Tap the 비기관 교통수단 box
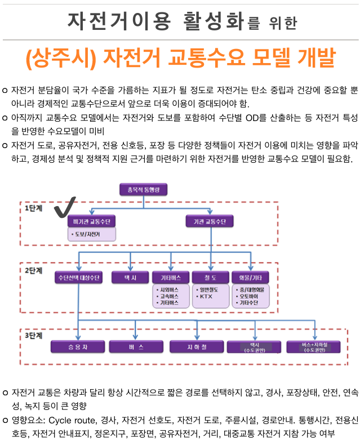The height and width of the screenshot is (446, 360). tap(91, 222)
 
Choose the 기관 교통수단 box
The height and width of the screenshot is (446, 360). tap(210, 222)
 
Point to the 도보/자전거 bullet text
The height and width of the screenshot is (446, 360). tap(85, 234)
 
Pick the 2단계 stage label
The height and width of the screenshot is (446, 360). tap(33, 270)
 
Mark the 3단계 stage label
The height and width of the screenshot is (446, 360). tap(33, 336)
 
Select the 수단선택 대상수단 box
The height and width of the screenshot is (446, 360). tap(78, 278)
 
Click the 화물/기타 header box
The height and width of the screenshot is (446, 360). tap(251, 278)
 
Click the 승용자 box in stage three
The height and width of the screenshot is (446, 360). tap(78, 346)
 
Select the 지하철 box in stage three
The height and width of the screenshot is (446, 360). tap(196, 346)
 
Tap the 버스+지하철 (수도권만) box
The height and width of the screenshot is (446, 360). tap(314, 346)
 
